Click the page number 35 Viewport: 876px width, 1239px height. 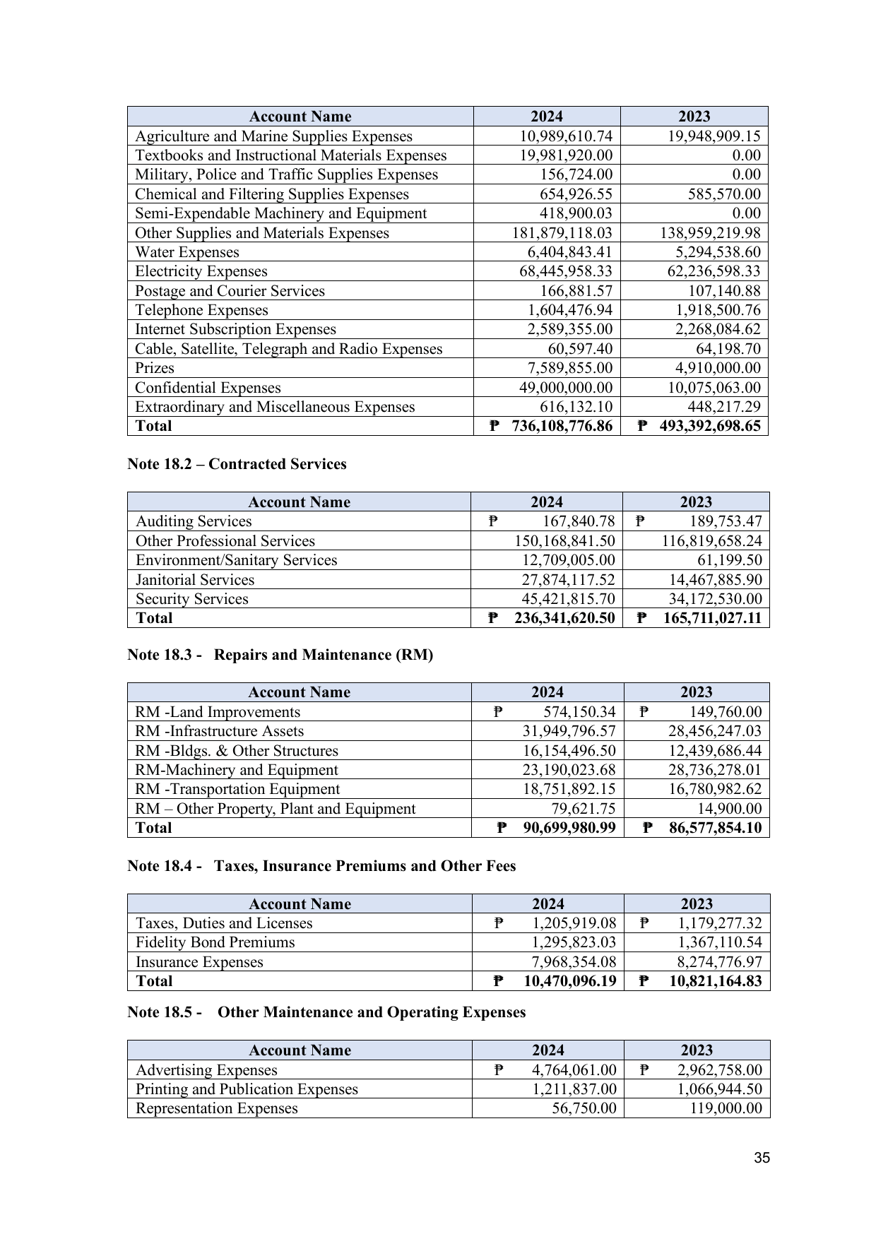coord(762,1158)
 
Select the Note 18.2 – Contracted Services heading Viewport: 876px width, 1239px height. coord(237,464)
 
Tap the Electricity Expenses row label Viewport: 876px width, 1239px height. coord(201,271)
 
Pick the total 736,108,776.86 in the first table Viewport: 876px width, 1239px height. coord(562,426)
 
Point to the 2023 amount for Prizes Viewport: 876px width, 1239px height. coord(714,368)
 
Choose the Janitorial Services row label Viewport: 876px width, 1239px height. coord(195,580)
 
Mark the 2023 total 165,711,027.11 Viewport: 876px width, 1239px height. coord(713,618)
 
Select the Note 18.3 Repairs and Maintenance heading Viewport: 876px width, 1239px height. coord(280,655)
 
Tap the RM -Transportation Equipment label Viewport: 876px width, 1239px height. coord(237,789)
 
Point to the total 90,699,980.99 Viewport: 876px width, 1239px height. coord(569,828)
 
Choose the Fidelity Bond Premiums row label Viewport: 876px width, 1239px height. coord(215,942)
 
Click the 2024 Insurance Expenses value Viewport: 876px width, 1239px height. coord(574,962)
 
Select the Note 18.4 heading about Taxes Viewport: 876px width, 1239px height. coord(321,866)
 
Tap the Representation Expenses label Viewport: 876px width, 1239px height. coord(216,1108)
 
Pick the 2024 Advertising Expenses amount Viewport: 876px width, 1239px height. coord(574,1070)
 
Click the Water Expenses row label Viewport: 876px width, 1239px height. coord(187,252)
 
